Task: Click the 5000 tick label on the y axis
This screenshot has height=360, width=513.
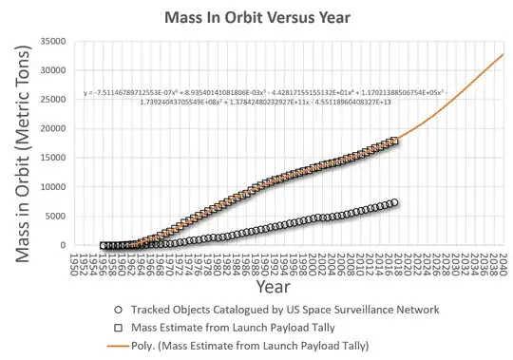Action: click(x=61, y=217)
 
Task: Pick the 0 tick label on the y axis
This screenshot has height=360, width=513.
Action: click(x=66, y=245)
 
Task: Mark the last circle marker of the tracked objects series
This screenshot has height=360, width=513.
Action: click(x=394, y=202)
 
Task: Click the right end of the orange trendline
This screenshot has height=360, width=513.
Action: click(x=503, y=54)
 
